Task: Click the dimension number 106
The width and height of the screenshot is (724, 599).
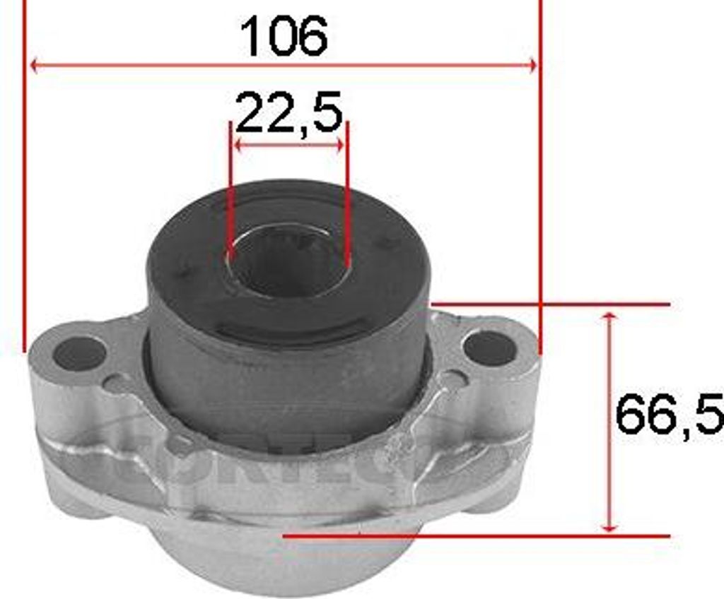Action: tap(284, 36)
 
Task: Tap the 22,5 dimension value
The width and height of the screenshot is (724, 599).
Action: tap(288, 112)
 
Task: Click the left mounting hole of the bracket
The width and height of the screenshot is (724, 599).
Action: tap(79, 353)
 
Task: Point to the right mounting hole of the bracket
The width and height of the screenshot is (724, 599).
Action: tap(489, 348)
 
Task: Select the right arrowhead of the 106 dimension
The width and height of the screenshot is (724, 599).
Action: tap(532, 66)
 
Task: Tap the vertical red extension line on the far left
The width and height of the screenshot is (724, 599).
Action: tap(25, 177)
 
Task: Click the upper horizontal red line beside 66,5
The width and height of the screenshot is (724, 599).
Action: tap(551, 304)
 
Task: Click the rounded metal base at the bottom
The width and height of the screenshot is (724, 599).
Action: tap(283, 562)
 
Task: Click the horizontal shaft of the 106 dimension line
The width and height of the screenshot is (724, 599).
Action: tap(177, 66)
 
